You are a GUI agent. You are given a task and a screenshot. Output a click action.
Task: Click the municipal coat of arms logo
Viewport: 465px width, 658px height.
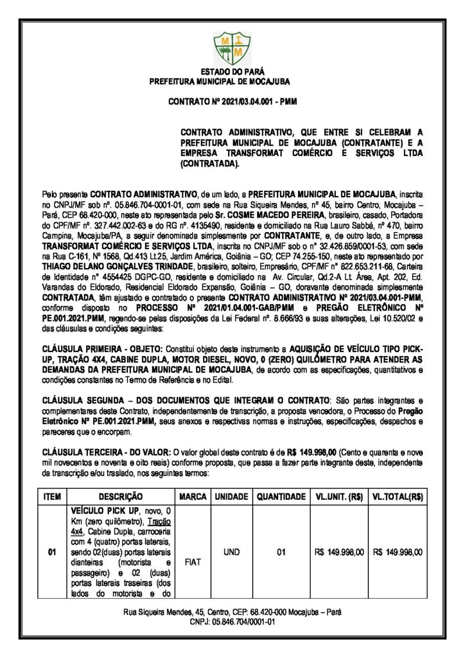pos(232,46)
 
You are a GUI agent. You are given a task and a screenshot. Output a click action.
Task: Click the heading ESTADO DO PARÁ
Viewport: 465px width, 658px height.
pos(232,73)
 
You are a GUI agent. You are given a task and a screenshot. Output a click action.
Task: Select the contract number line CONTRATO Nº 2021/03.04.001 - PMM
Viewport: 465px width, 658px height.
pos(232,102)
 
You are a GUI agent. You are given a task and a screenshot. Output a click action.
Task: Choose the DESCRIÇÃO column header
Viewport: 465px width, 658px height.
pos(119,497)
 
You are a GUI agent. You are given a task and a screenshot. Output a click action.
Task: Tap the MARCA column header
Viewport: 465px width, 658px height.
pos(193,497)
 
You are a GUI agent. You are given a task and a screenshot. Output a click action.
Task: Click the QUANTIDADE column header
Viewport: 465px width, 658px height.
pos(281,497)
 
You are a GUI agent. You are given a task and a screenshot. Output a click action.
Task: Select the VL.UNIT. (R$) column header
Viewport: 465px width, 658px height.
pos(340,497)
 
